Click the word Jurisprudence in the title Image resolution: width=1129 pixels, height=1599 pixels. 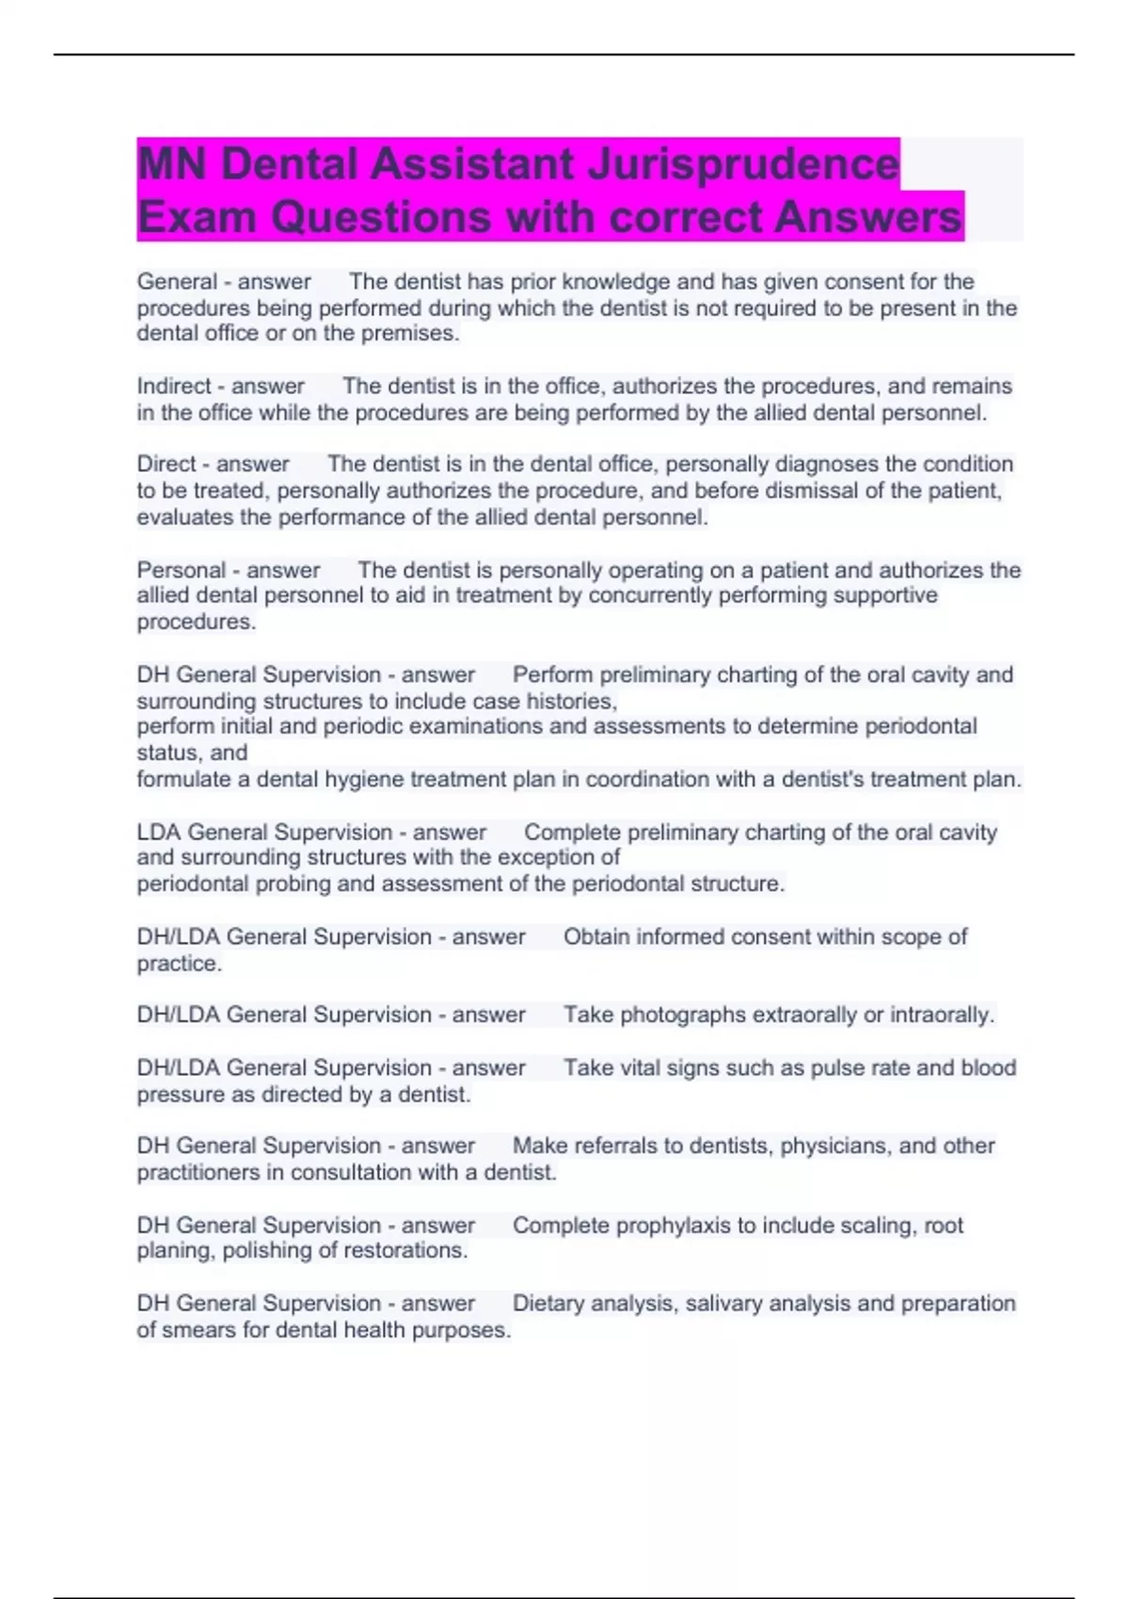(x=743, y=165)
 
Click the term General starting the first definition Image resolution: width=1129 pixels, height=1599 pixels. (x=177, y=281)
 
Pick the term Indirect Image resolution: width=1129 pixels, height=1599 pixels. (x=174, y=386)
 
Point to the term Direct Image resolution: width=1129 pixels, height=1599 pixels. (x=167, y=464)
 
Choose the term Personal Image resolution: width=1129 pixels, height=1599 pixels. (x=182, y=570)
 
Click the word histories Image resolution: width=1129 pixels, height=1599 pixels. (x=572, y=701)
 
